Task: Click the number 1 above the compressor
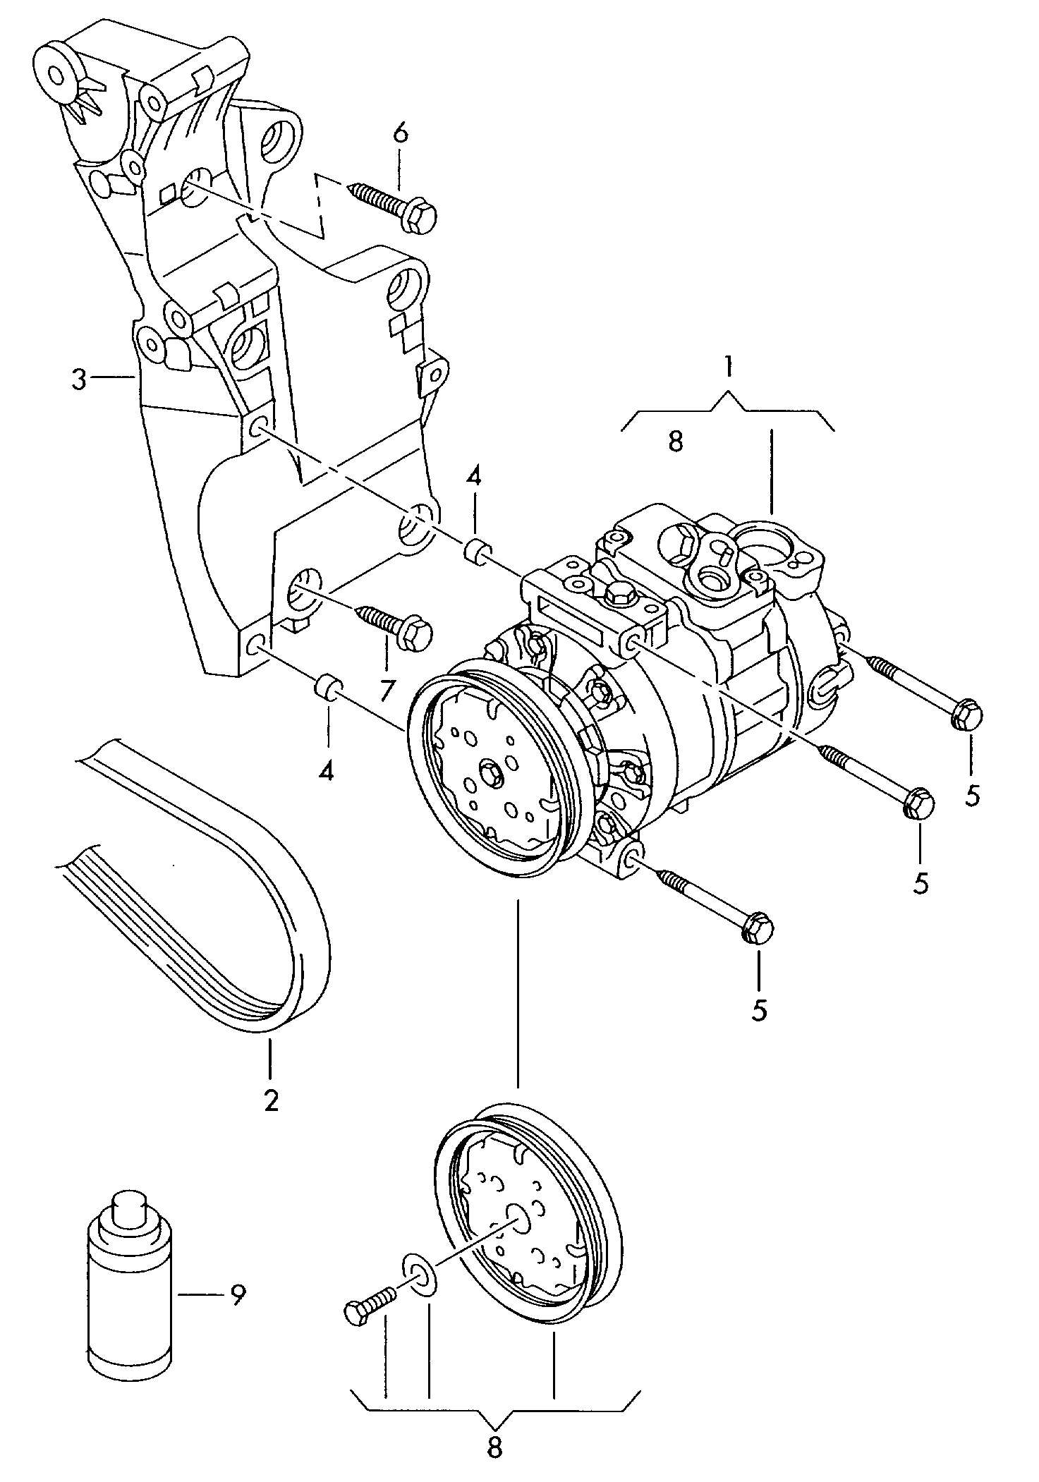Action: pyautogui.click(x=728, y=368)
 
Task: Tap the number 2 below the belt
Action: pyautogui.click(x=271, y=1100)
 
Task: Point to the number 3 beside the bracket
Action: pyautogui.click(x=78, y=380)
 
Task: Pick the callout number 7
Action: pyautogui.click(x=386, y=691)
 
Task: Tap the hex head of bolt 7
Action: pyautogui.click(x=415, y=633)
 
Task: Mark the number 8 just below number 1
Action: pyautogui.click(x=675, y=442)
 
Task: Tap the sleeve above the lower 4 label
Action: pyautogui.click(x=328, y=688)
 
